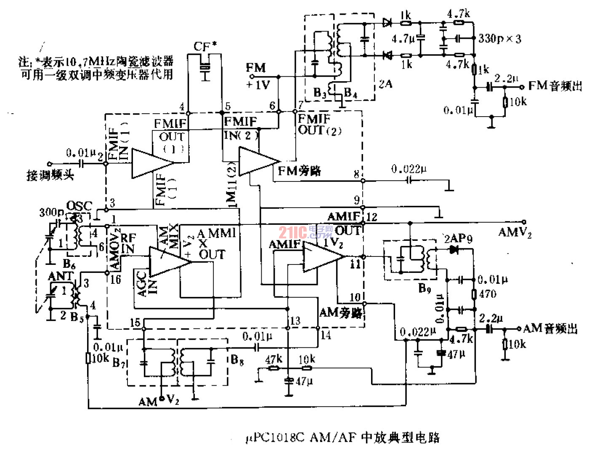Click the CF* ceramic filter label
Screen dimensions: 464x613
205,46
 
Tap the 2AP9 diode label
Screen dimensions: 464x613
458,239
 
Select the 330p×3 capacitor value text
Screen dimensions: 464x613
499,39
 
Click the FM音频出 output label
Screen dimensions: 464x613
555,86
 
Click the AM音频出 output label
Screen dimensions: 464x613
550,328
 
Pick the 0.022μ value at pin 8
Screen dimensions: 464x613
409,169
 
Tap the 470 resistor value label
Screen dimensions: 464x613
488,294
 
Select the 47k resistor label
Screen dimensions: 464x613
273,359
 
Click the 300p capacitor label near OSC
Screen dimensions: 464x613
51,212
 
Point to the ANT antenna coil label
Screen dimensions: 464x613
61,276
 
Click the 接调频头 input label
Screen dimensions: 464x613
50,175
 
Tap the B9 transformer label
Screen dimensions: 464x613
425,288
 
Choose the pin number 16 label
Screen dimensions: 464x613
115,279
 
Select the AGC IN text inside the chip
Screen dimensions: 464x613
147,284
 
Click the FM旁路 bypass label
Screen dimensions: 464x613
299,171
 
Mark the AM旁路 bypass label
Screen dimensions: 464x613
340,312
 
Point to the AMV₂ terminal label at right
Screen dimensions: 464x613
515,232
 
